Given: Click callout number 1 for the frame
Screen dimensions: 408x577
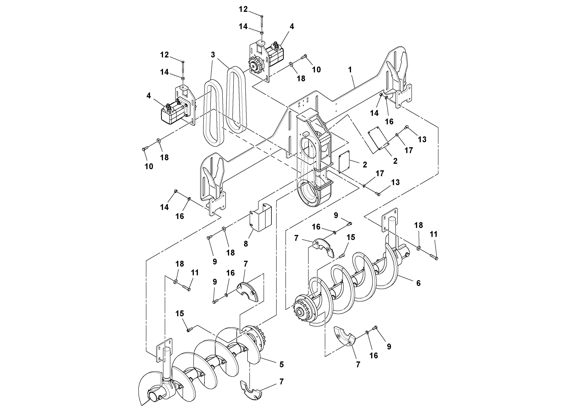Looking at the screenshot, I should coord(350,70).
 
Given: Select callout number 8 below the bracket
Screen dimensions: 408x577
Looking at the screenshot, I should coord(246,243).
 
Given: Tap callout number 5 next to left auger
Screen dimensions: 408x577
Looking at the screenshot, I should coord(281,364).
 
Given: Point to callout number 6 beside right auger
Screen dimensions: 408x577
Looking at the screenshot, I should coord(418,283).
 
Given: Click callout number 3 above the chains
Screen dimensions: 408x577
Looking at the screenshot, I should coord(213,55).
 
